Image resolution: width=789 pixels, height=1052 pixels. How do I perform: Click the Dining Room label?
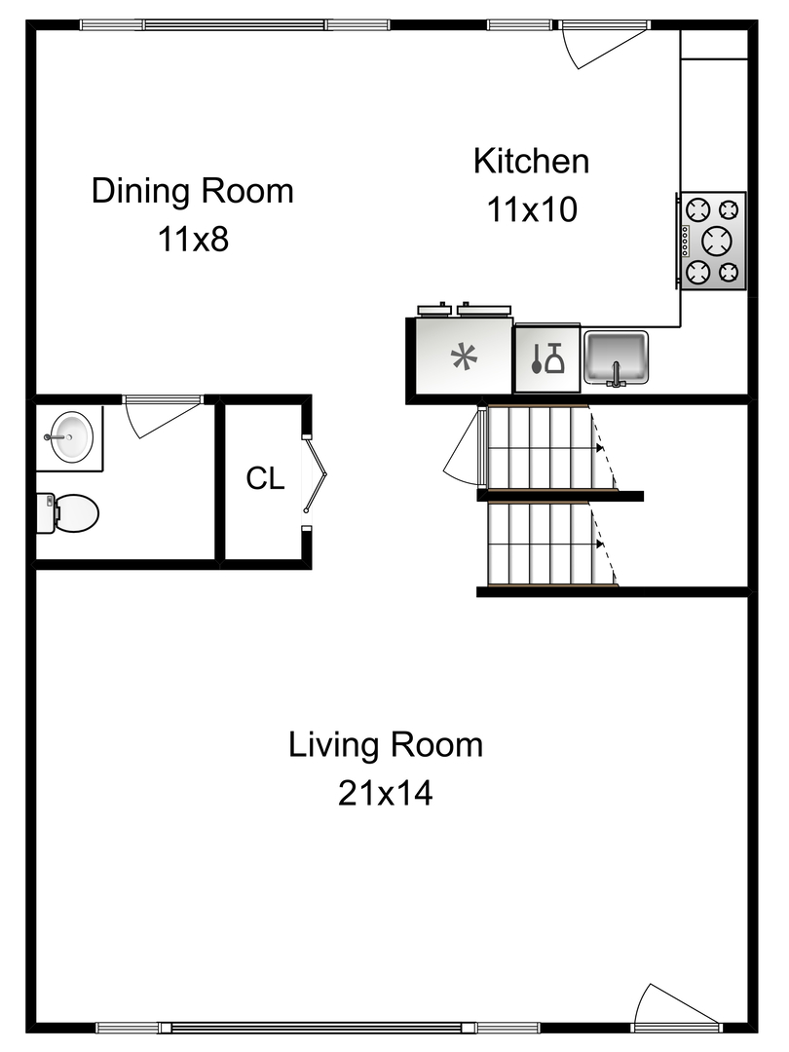[192, 190]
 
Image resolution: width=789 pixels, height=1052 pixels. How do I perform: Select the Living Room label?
[385, 745]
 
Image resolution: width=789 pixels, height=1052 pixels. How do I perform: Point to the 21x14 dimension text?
[385, 794]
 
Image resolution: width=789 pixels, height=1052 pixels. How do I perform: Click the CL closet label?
[265, 478]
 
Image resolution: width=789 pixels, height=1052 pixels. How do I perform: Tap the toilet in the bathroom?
[70, 512]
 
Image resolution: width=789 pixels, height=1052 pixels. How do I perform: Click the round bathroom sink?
[71, 435]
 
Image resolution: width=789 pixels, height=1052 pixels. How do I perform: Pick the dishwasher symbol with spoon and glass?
[546, 358]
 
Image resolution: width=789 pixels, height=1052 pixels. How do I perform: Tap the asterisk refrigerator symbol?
[465, 357]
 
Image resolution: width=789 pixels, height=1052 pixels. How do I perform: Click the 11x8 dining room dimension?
[192, 238]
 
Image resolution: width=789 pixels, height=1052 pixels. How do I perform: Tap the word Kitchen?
[531, 161]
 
